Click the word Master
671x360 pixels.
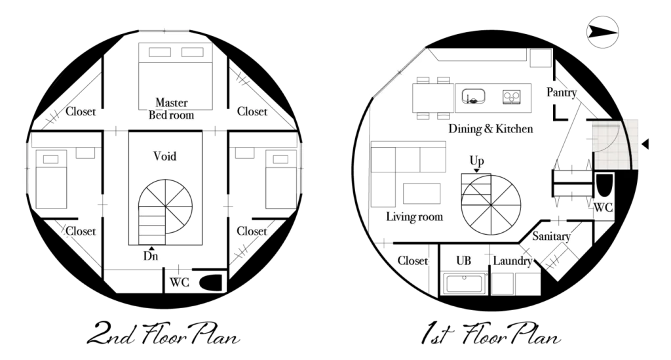coord(171,102)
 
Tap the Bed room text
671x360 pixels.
coord(171,115)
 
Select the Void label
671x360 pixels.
coord(164,157)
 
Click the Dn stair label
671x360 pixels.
coord(151,256)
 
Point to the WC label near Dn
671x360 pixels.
coord(179,282)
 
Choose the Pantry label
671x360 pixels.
coord(562,92)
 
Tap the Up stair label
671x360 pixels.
coord(476,161)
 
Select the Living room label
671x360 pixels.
coord(414,216)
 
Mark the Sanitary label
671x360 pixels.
coord(551,236)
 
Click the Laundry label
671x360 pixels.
coord(512,260)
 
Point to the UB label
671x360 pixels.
coord(463,260)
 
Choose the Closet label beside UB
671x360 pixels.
coord(412,260)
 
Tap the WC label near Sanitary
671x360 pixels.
coord(603,208)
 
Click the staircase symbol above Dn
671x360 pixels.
coord(151,225)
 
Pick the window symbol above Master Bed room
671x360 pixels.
coord(164,30)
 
